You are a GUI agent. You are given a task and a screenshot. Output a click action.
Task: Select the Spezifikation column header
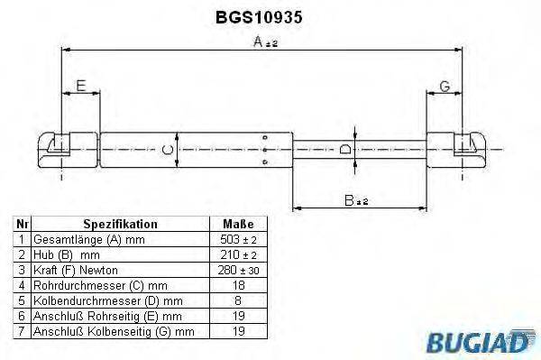click(120, 224)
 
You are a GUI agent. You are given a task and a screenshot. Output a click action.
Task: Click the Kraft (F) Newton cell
click(75, 271)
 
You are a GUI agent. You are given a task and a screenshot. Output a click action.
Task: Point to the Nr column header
click(22, 224)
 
